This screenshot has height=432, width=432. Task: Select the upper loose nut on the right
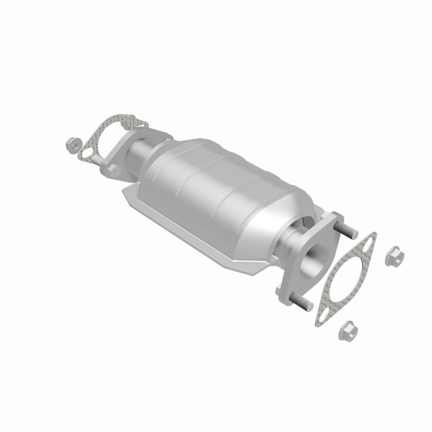click(x=393, y=256)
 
